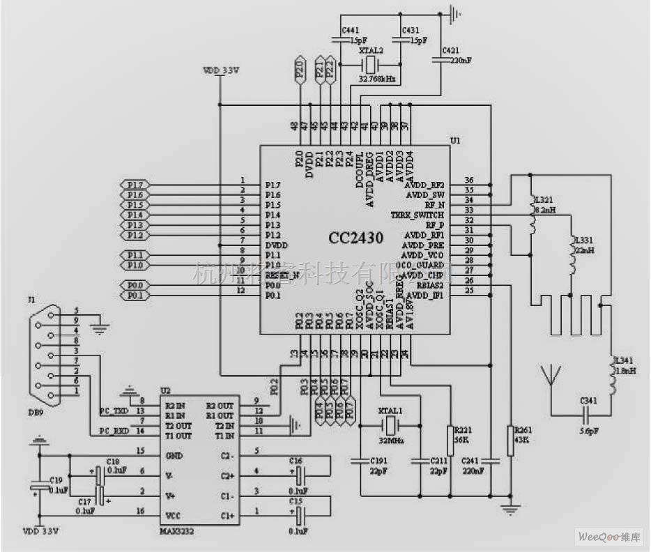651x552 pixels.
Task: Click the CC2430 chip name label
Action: (x=356, y=238)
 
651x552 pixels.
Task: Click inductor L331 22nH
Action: (x=572, y=256)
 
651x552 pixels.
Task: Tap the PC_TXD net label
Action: (x=114, y=411)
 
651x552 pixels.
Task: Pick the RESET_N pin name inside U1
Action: (x=282, y=275)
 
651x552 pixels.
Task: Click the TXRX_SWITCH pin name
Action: (x=418, y=215)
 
